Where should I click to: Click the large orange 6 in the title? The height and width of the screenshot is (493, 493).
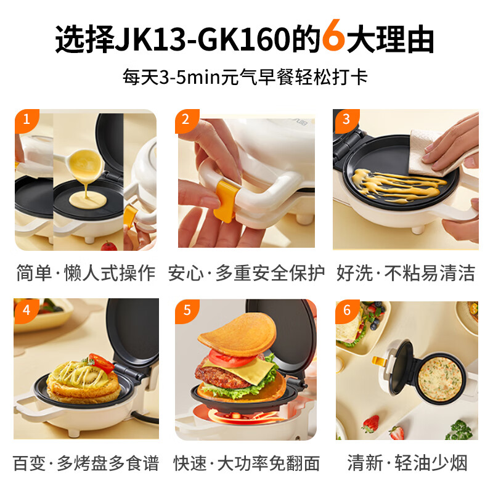(333, 39)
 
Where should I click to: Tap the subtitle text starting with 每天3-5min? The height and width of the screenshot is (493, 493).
(246, 78)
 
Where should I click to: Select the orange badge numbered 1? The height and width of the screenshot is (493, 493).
(25, 120)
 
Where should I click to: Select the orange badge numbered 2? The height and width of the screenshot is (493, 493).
(185, 120)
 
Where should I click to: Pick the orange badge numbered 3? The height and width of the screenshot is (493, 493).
(346, 120)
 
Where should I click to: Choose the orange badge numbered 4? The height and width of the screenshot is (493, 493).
(25, 309)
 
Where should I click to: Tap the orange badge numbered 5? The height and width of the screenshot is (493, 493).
(185, 309)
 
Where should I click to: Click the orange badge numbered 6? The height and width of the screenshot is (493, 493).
(346, 309)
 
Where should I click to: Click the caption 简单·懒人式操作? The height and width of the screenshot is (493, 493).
(86, 273)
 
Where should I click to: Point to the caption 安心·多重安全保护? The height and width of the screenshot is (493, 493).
(246, 273)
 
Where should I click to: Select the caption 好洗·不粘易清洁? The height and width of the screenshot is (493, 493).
(406, 273)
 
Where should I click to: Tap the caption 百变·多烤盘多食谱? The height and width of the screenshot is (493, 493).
(86, 463)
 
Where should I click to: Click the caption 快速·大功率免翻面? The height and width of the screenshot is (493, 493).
(246, 463)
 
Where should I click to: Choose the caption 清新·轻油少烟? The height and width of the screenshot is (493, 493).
(406, 463)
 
